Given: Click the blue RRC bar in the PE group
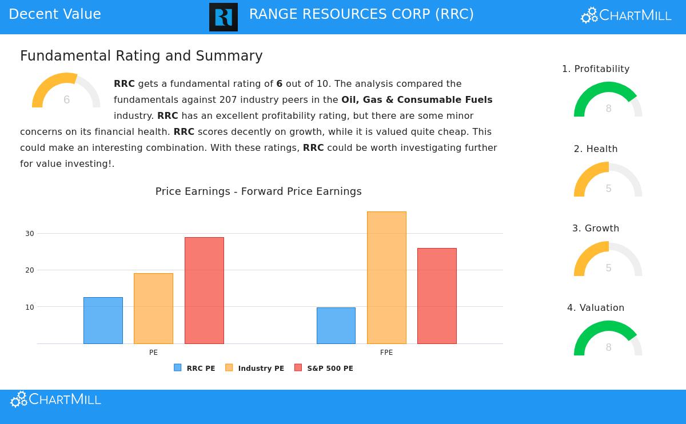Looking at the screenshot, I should [x=103, y=321].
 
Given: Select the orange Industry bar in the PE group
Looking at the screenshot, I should [x=153, y=309].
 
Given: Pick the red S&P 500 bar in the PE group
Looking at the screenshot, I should [x=204, y=290].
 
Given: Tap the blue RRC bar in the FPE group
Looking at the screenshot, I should [x=336, y=326].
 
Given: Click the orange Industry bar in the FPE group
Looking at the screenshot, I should [x=386, y=278].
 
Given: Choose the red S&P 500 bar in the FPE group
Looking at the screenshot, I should [x=437, y=296].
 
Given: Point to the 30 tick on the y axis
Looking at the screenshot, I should [x=29, y=234].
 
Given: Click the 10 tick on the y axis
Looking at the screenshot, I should [x=29, y=307].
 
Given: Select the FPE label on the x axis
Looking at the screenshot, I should [x=386, y=353].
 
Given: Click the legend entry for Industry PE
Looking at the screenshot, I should [x=255, y=369].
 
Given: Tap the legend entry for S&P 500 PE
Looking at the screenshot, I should [x=324, y=369].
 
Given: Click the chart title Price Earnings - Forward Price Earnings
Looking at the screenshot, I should [x=258, y=191].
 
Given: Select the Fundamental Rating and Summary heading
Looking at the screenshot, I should [x=141, y=56].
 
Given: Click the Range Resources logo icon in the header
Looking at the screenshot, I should [x=224, y=17].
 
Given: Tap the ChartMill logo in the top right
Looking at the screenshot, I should [x=626, y=15].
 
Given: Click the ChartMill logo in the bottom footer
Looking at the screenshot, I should [x=56, y=399].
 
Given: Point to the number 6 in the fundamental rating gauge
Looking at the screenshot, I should [x=66, y=100].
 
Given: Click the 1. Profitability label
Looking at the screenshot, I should [x=596, y=69].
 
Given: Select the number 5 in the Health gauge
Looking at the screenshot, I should [x=608, y=189].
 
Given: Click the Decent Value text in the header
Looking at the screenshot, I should [x=55, y=14].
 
